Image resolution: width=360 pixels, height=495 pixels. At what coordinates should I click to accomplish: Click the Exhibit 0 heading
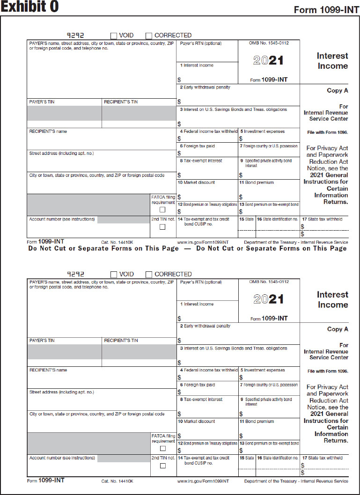[x=29, y=7]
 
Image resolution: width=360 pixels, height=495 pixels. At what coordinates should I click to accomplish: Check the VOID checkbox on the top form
[x=114, y=36]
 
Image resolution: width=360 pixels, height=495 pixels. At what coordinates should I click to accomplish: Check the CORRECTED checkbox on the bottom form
[x=149, y=274]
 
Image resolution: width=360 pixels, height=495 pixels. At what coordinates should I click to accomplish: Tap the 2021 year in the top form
[x=268, y=60]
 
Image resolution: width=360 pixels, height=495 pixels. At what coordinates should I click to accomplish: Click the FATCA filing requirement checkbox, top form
[x=162, y=210]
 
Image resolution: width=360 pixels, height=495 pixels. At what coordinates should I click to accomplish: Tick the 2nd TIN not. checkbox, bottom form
[x=162, y=466]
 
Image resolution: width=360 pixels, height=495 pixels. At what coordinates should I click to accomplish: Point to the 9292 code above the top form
[x=75, y=35]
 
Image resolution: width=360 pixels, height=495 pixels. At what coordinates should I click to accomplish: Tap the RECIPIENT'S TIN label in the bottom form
[x=121, y=340]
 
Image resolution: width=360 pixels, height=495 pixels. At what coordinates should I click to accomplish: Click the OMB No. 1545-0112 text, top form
[x=269, y=43]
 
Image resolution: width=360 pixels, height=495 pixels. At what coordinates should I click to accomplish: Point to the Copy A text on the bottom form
[x=338, y=329]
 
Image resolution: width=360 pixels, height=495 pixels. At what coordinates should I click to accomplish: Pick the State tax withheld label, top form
[x=322, y=219]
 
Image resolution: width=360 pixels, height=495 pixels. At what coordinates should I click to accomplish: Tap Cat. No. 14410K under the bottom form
[x=117, y=481]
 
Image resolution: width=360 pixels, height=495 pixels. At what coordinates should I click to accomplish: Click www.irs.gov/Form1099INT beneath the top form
[x=203, y=242]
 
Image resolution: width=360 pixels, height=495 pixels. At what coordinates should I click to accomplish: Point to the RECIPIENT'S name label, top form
[x=48, y=131]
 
